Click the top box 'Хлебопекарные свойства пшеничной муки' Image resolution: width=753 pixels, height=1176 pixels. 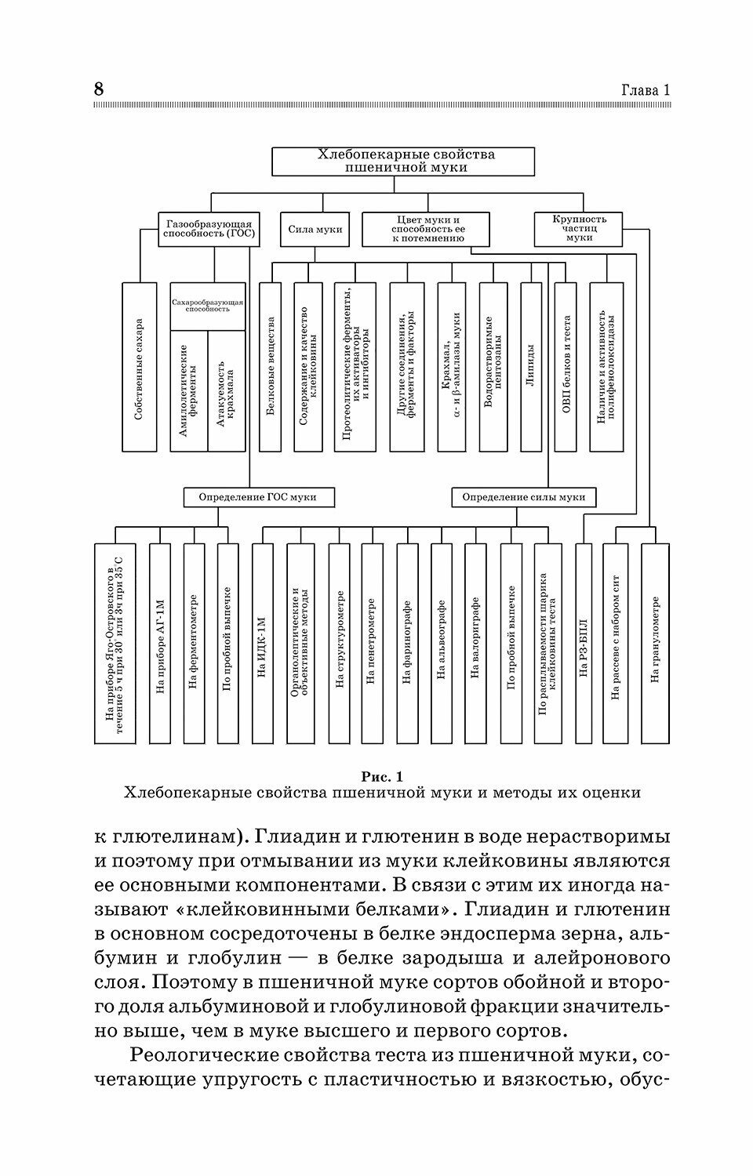coord(403,161)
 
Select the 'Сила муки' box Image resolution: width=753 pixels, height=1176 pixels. coord(315,230)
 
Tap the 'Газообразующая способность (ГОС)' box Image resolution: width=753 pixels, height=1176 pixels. coord(209,229)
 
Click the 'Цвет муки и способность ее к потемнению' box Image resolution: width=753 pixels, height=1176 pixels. coord(426,229)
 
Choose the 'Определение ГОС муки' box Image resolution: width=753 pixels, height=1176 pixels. coord(257,497)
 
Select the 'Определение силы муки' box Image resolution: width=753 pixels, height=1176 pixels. coord(523,497)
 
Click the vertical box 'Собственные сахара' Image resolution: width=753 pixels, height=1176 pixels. coord(140,367)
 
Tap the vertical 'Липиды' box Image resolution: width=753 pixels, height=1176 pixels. coord(531,367)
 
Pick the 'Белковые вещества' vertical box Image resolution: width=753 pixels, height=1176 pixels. coord(270,367)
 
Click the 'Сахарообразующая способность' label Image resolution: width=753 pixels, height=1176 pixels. coord(208,306)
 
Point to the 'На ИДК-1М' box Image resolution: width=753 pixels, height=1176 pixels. coord(263,643)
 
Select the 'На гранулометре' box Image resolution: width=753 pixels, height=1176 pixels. coord(655,643)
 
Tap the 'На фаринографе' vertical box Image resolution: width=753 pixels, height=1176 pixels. coord(407,643)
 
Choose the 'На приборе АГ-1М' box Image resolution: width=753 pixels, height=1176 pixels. coord(159,643)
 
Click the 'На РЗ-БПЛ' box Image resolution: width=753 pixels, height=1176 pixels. coord(583,643)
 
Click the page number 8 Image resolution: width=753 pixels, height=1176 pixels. coord(98,89)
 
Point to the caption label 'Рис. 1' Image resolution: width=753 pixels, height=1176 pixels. coord(381,777)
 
